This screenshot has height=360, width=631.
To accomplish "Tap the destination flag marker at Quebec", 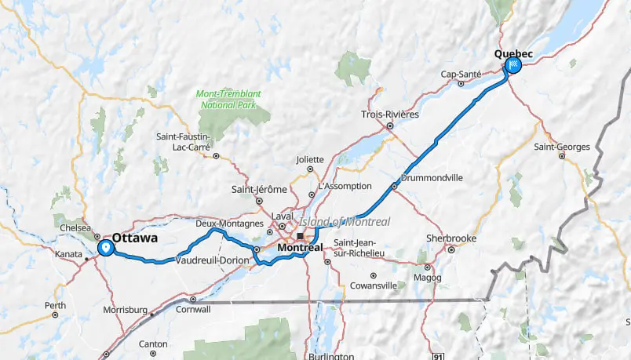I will pyautogui.click(x=515, y=65).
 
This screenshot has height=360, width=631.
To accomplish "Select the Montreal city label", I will pyautogui.click(x=300, y=247).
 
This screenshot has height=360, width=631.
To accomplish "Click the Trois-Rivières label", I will pyautogui.click(x=390, y=114).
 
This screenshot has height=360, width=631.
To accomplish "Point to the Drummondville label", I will pyautogui.click(x=432, y=178).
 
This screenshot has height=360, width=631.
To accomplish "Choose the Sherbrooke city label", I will pyautogui.click(x=451, y=238).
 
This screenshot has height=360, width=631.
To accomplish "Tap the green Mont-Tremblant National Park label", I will pyautogui.click(x=230, y=99).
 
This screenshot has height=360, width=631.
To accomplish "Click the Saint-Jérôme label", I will pyautogui.click(x=258, y=189).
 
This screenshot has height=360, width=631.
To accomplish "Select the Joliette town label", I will pyautogui.click(x=310, y=159).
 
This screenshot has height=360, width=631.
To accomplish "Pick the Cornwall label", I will pyautogui.click(x=194, y=309).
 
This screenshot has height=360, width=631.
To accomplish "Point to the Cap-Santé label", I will pyautogui.click(x=460, y=74).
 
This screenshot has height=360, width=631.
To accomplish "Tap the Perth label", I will pyautogui.click(x=55, y=305).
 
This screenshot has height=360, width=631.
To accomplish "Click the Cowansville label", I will pyautogui.click(x=373, y=285).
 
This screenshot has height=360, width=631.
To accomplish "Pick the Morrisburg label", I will pyautogui.click(x=125, y=310).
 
